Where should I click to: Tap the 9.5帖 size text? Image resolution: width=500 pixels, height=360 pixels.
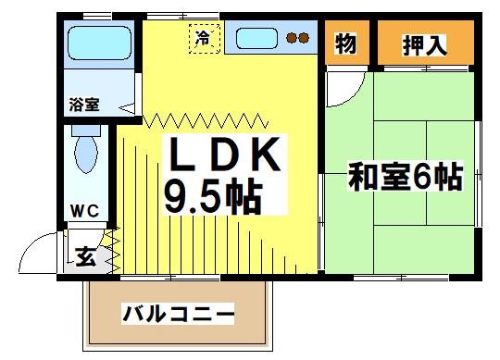click(212, 195)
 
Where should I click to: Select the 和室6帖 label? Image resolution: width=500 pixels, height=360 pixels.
click(405, 176)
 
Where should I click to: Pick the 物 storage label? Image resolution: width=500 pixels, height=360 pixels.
click(345, 43)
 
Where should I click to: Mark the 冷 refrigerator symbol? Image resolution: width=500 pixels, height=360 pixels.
click(202, 37)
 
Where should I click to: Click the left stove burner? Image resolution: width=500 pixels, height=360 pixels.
click(290, 39)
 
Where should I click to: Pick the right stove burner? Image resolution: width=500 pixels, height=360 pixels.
click(303, 39)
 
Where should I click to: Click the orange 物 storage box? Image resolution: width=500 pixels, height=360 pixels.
click(345, 43)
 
